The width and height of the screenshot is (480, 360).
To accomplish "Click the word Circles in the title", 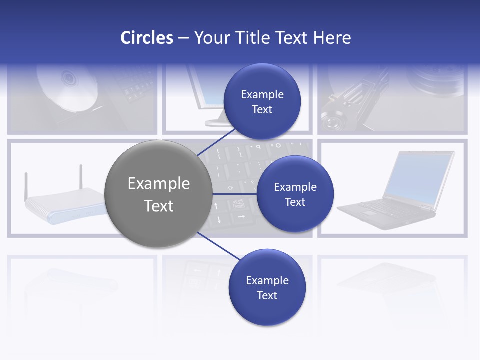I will [146, 38].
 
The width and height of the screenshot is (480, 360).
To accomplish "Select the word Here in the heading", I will [332, 38].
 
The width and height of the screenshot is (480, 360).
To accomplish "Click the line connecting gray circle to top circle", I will [216, 142].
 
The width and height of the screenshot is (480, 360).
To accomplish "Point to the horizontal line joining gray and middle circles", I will [234, 194].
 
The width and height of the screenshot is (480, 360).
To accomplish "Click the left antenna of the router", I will [26, 185].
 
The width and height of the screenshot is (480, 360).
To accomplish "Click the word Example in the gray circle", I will [158, 184].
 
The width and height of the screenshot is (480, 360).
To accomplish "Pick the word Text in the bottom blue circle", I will [267, 296].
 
